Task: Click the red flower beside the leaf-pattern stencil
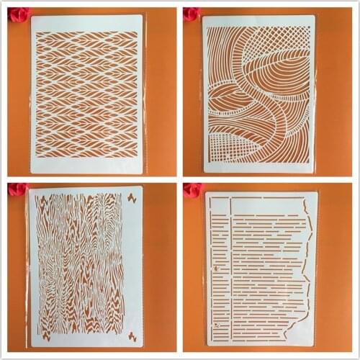pyautogui.click(x=17, y=14)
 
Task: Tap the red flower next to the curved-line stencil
pyautogui.click(x=191, y=14)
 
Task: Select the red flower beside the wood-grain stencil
pyautogui.click(x=17, y=189)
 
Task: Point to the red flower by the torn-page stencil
pyautogui.click(x=192, y=190)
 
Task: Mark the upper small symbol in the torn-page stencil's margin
pyautogui.click(x=215, y=266)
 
